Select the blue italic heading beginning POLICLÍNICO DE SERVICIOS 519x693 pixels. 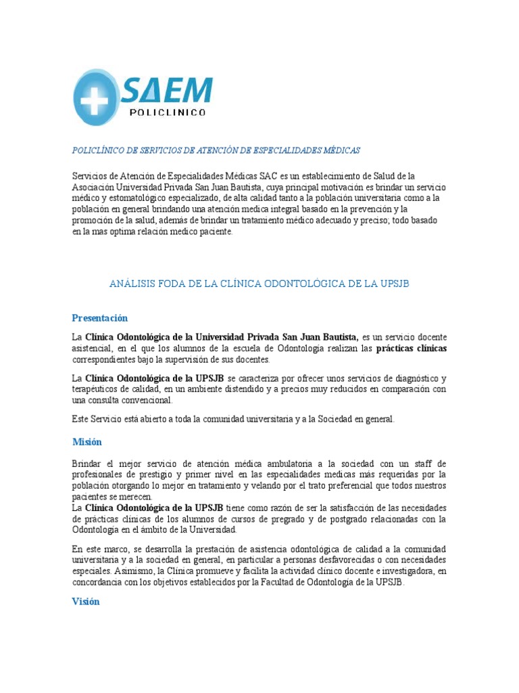pyautogui.click(x=216, y=150)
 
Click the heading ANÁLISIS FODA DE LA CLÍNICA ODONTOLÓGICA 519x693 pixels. pyautogui.click(x=259, y=284)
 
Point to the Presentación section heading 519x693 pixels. pyautogui.click(x=100, y=318)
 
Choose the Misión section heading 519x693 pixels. pyautogui.click(x=87, y=442)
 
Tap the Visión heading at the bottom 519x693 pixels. pyautogui.click(x=86, y=602)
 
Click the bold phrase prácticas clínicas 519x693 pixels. pyautogui.click(x=411, y=348)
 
